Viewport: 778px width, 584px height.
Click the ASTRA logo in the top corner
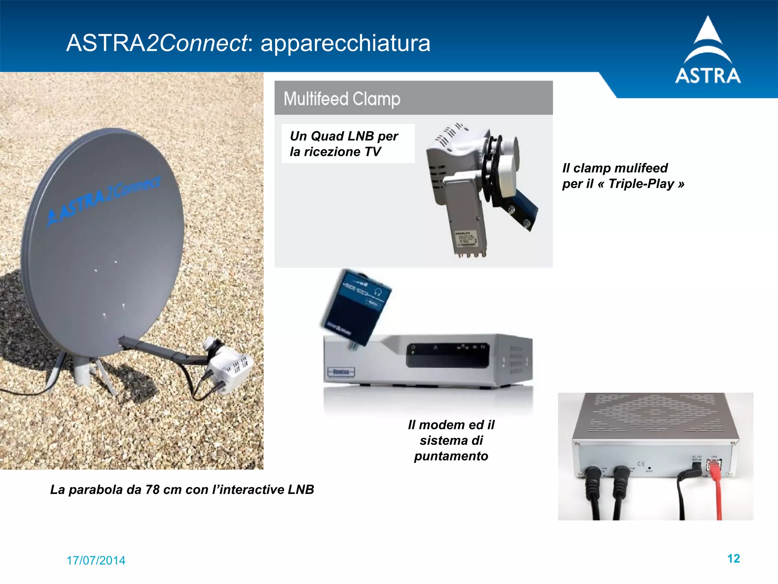[708, 51]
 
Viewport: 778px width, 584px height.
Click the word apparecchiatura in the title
[345, 43]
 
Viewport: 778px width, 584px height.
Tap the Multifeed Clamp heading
[342, 99]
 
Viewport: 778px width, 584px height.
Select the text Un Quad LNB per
[344, 136]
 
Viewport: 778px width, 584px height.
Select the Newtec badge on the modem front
[341, 372]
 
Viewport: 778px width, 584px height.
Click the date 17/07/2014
[96, 560]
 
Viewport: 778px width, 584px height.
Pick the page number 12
[733, 558]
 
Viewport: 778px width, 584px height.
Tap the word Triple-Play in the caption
[641, 184]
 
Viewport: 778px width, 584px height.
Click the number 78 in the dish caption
[152, 489]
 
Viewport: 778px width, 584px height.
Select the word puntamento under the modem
[451, 456]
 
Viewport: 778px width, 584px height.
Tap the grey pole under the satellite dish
[82, 370]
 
